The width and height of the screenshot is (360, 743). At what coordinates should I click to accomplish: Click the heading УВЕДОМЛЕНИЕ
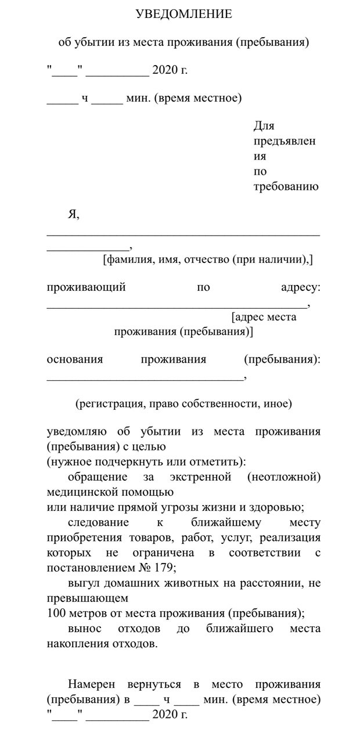coord(183,14)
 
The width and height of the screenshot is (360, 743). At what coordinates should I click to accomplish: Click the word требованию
coord(286,187)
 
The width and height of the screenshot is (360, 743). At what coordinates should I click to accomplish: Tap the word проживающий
coord(86,287)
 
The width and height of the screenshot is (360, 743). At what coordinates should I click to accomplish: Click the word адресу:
coord(300,287)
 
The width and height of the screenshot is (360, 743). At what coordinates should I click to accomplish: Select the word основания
coord(74,359)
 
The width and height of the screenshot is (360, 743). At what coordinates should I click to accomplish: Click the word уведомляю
coord(75,432)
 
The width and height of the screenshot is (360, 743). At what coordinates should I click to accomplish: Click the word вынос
coord(84,629)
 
